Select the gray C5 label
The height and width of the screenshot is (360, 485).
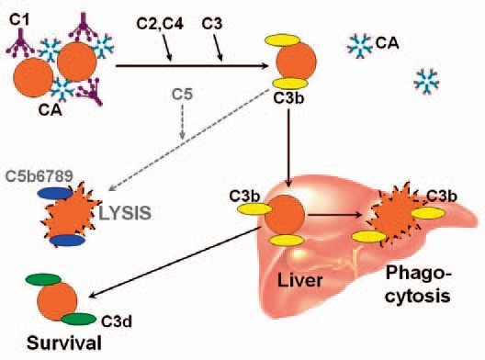[x=182, y=92]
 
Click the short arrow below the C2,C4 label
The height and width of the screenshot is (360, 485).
[x=169, y=53]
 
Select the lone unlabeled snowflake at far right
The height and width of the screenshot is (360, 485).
[x=426, y=81]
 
